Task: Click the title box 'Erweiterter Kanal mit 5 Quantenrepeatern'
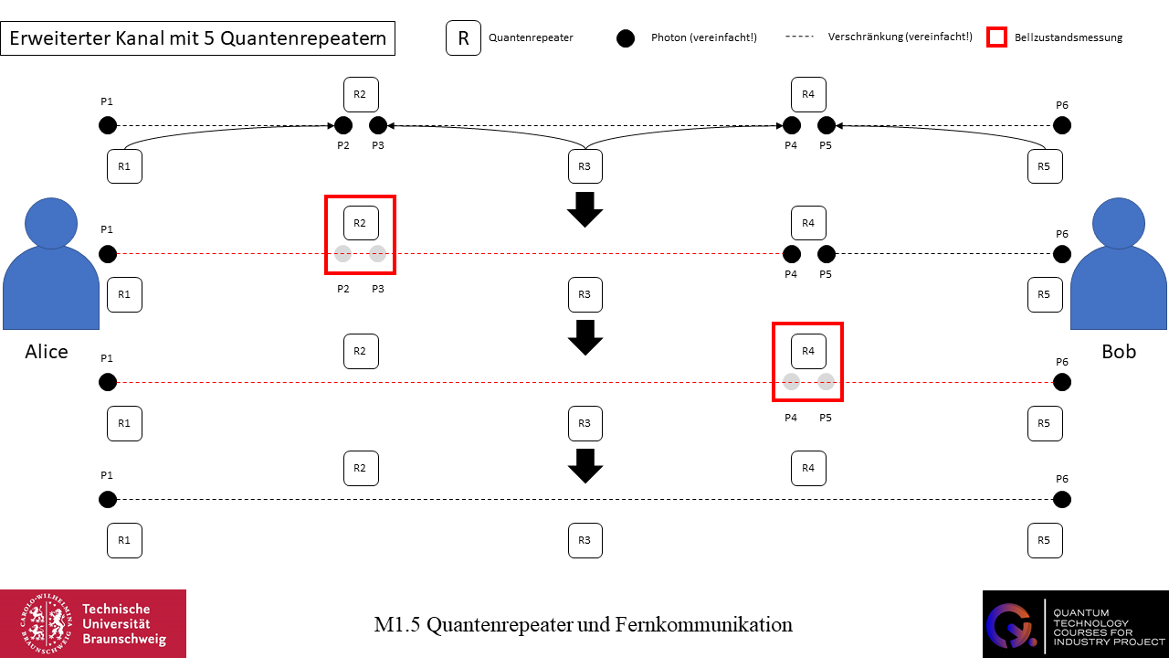(198, 39)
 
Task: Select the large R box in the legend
(463, 38)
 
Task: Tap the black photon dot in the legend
(626, 38)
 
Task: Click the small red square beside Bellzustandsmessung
(997, 37)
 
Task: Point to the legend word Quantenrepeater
(531, 38)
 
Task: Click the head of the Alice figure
(51, 223)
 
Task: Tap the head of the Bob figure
(1119, 223)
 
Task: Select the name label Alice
(47, 352)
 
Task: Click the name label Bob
(1119, 352)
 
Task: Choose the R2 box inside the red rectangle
(361, 223)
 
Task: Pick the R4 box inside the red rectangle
(808, 351)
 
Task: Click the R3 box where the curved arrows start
(584, 166)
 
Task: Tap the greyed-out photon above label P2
(343, 254)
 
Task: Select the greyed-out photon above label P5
(827, 382)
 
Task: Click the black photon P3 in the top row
(378, 125)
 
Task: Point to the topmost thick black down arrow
(584, 209)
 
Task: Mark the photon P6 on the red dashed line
(1061, 382)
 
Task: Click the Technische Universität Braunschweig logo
(93, 623)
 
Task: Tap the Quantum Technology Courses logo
(1075, 623)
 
